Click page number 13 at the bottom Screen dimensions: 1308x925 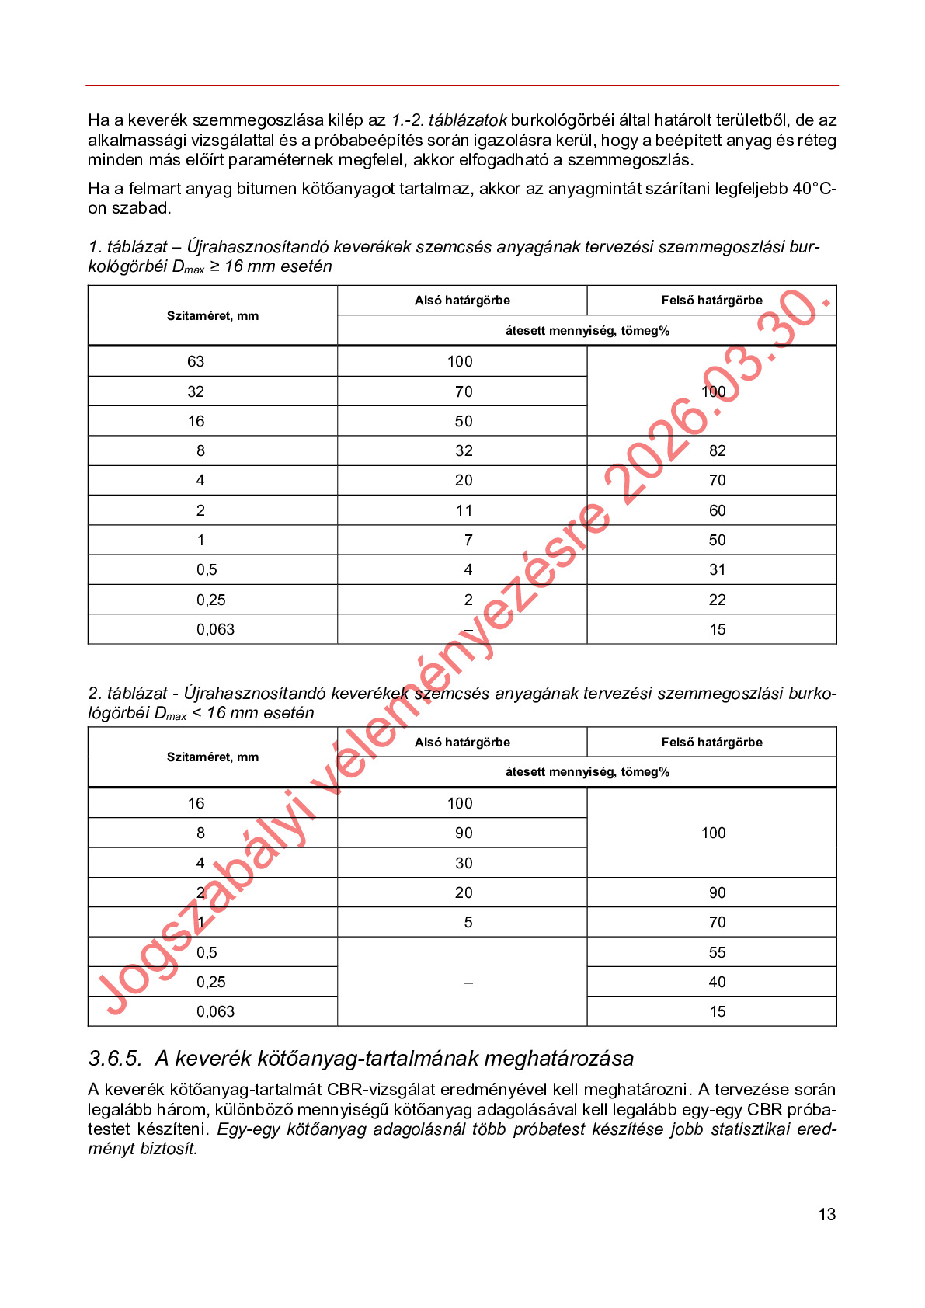coord(826,1214)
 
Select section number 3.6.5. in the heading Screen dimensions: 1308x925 coord(115,1058)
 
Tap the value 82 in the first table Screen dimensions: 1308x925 coord(717,450)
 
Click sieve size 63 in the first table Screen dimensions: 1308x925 coord(196,361)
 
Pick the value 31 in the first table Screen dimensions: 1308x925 coord(717,569)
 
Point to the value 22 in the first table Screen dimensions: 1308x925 coord(717,600)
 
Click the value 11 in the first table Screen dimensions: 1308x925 coord(464,510)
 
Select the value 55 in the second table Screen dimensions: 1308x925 coord(717,952)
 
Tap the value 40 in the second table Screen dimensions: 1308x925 coord(717,982)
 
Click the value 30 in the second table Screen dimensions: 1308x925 coord(464,863)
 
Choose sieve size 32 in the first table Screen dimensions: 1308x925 coord(196,391)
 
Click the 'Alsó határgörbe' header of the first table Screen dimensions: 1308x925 coord(462,301)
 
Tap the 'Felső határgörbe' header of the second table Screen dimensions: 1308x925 coord(711,742)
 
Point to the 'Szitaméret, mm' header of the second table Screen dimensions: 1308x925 coord(213,757)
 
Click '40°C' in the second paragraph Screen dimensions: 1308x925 coord(809,189)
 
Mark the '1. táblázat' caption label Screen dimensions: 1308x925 coord(127,247)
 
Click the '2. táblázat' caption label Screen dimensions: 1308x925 coord(127,693)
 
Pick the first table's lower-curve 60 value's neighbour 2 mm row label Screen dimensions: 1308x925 coord(200,510)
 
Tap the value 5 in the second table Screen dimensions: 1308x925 coord(468,922)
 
